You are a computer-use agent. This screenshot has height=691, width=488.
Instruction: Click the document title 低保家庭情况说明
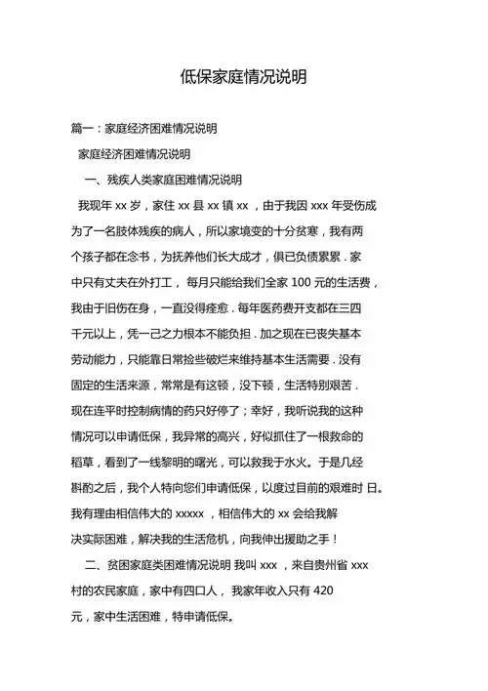click(243, 76)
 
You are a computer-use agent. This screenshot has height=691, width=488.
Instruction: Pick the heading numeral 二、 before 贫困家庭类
click(96, 564)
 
